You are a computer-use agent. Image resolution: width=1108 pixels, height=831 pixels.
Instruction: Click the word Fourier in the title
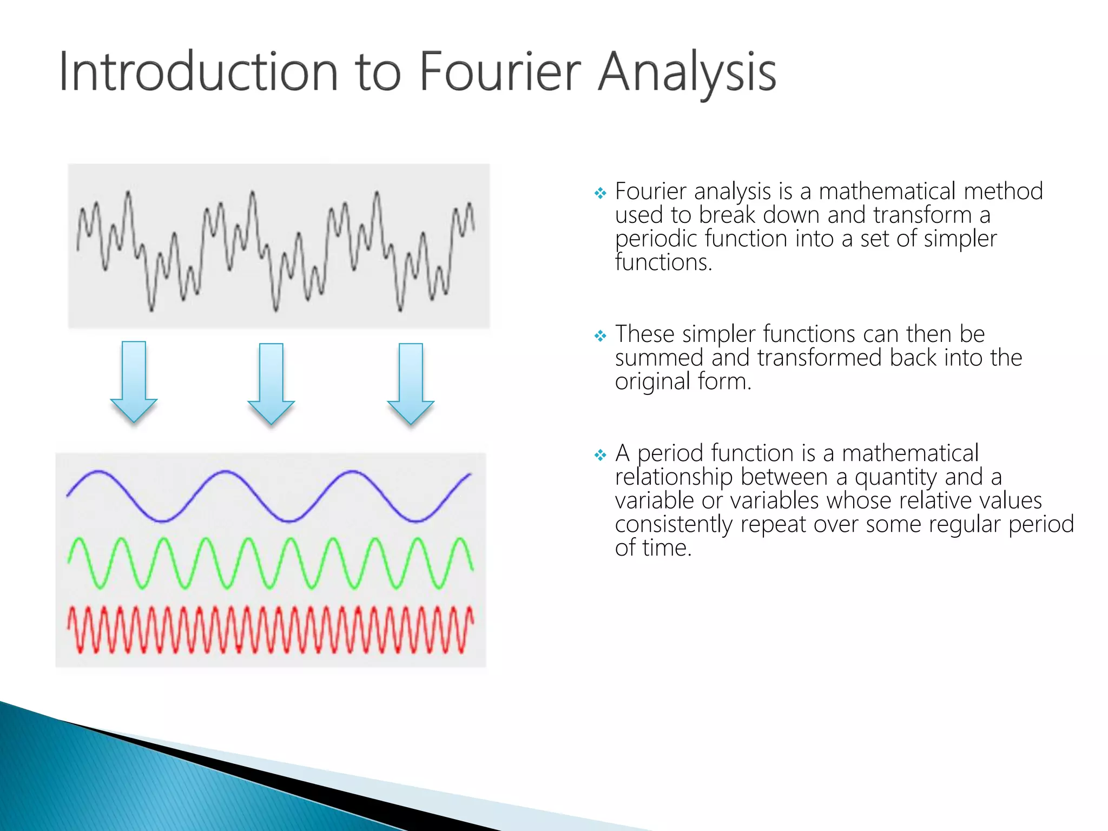(499, 72)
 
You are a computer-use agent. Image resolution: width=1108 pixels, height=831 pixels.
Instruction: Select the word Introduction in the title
(198, 72)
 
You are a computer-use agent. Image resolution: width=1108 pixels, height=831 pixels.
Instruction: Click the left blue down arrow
(134, 381)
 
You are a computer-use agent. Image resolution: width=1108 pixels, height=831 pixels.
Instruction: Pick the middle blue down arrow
(271, 383)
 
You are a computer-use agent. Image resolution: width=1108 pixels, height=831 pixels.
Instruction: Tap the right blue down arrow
(411, 383)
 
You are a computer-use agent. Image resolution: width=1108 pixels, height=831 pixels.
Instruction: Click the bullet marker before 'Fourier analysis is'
(600, 193)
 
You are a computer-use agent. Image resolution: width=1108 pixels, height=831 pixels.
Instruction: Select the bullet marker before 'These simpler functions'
(600, 336)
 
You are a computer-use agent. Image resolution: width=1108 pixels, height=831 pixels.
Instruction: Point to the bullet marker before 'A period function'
(600, 455)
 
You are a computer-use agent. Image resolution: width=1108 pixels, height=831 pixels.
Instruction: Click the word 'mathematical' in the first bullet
(887, 192)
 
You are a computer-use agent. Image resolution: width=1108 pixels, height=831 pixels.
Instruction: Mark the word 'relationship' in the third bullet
(674, 477)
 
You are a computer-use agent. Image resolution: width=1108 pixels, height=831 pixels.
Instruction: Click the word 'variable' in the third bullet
(654, 501)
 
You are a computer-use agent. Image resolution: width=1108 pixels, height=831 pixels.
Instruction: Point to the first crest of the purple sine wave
(97, 472)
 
